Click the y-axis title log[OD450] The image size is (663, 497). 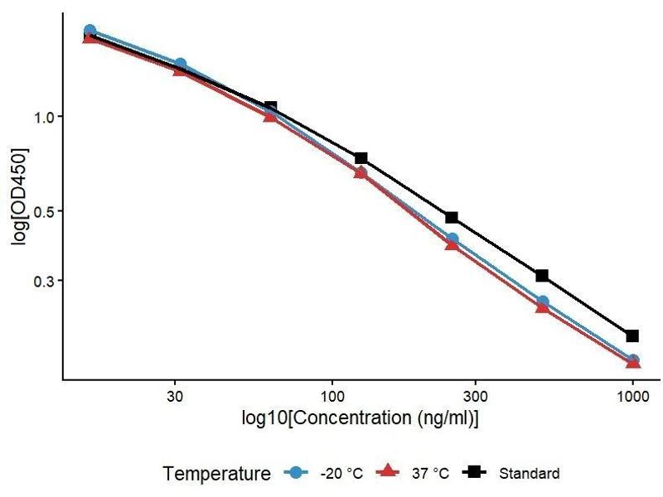click(18, 196)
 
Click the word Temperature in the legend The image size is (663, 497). click(217, 474)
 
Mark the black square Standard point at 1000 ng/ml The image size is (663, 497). click(632, 335)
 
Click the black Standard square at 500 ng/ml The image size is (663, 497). click(542, 276)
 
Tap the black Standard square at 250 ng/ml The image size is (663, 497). click(452, 217)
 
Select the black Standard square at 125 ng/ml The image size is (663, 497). click(361, 158)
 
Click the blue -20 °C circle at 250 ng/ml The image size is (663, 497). click(452, 239)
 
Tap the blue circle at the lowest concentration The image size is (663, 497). click(90, 31)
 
